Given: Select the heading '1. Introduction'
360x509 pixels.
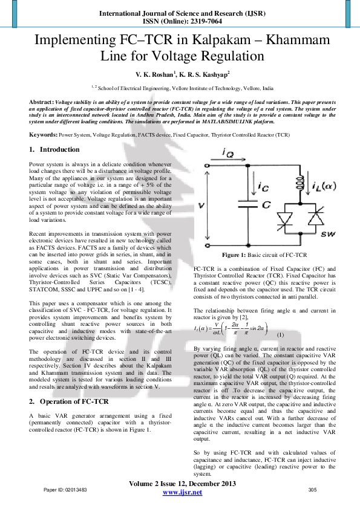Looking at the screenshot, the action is (54, 149).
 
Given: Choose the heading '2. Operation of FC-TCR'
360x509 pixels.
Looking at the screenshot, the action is (70, 401).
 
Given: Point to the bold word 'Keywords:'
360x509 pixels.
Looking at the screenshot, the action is (44, 135).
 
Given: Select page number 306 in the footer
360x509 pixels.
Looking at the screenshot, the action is (313, 489).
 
